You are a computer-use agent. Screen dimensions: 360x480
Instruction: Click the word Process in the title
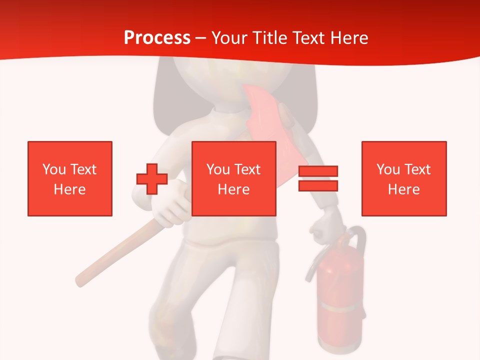tap(157, 38)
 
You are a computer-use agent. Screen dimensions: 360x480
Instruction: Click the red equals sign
tap(318, 178)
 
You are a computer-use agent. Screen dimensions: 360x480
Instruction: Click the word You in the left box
tap(54, 169)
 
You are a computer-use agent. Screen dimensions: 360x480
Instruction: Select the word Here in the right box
tap(404, 189)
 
